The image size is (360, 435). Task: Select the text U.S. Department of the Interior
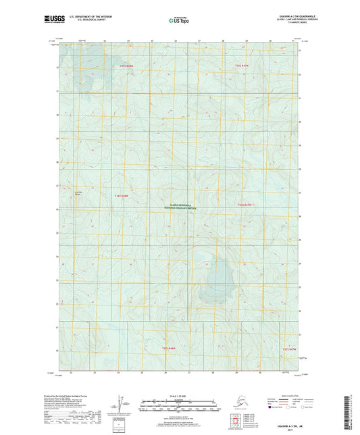[x=84, y=18]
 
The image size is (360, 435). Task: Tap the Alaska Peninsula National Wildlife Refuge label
[x=180, y=207]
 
